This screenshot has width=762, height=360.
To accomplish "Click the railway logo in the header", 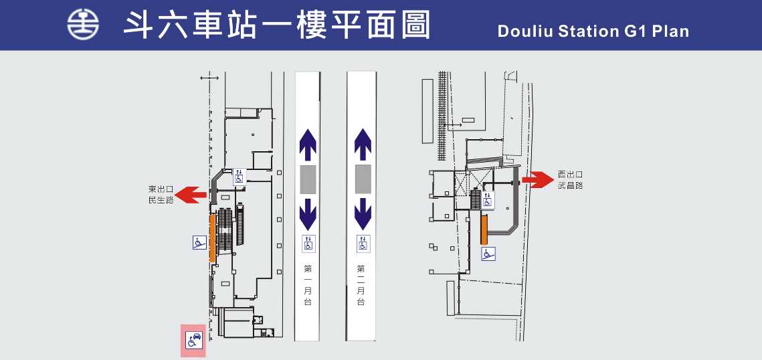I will point(83,25).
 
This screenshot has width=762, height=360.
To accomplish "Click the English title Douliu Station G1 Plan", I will point(593,31).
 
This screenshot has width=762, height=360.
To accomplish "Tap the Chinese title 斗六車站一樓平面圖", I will point(276,25).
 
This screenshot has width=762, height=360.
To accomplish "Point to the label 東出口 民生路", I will point(161,195).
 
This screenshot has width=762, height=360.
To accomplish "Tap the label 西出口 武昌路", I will point(570,179).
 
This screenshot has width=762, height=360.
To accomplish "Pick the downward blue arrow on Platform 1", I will point(307,212).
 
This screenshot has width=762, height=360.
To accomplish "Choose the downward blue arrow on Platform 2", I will point(363,212).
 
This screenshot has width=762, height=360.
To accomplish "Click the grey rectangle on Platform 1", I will point(308,179).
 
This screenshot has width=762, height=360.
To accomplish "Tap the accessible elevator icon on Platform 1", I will point(308,244).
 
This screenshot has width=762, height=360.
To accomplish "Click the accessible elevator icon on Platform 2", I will point(363,244).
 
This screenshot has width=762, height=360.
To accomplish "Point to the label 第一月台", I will point(308,286).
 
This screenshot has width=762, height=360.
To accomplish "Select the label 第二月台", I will point(361,286).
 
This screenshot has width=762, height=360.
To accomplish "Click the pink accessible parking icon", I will point(194,340).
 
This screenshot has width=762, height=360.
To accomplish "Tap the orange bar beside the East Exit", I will point(212,238).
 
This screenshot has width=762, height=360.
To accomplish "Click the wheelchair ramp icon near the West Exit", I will point(488,254).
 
